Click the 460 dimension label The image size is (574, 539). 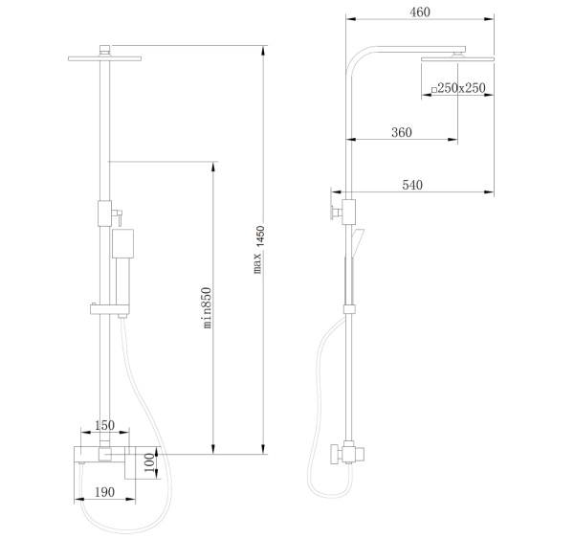tap(420, 12)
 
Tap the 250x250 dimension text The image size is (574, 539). tap(462, 88)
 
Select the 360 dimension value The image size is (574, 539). tap(402, 132)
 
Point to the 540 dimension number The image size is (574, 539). tap(412, 185)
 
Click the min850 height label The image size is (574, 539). tap(207, 307)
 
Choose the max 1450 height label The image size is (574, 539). tap(258, 250)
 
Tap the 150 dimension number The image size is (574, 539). tap(104, 425)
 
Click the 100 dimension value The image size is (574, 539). tap(149, 462)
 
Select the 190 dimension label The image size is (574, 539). tap(104, 492)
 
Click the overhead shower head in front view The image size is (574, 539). tap(104, 58)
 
